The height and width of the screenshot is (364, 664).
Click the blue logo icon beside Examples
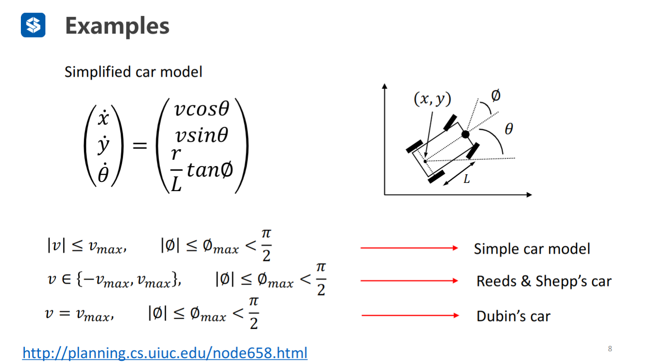coord(33,25)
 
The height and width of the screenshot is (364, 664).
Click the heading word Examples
coord(117,26)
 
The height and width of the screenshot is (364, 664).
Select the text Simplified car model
coord(133,72)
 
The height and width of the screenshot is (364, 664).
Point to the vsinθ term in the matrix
coord(201,135)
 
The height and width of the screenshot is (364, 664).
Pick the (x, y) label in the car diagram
coord(432,99)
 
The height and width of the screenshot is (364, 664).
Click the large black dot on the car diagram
coord(465,134)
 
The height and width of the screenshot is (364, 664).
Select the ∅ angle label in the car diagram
coord(496,96)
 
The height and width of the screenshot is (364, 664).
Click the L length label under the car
coord(466,180)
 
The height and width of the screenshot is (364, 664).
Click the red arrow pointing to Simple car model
coord(409,248)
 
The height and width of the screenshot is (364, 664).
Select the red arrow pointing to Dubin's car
coord(410,315)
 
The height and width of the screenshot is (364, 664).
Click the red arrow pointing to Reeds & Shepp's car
coord(409,281)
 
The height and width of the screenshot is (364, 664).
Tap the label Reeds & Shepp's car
coord(544,281)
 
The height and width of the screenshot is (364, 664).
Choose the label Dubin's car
coord(513,316)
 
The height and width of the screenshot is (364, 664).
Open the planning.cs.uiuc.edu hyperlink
coord(165,353)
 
